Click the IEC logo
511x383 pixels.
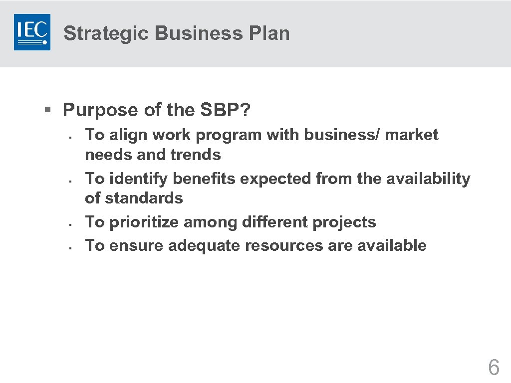pyautogui.click(x=32, y=32)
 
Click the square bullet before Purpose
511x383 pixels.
pyautogui.click(x=47, y=109)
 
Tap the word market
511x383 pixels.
pyautogui.click(x=412, y=135)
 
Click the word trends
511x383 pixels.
pyautogui.click(x=195, y=155)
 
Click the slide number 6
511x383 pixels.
pyautogui.click(x=493, y=368)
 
